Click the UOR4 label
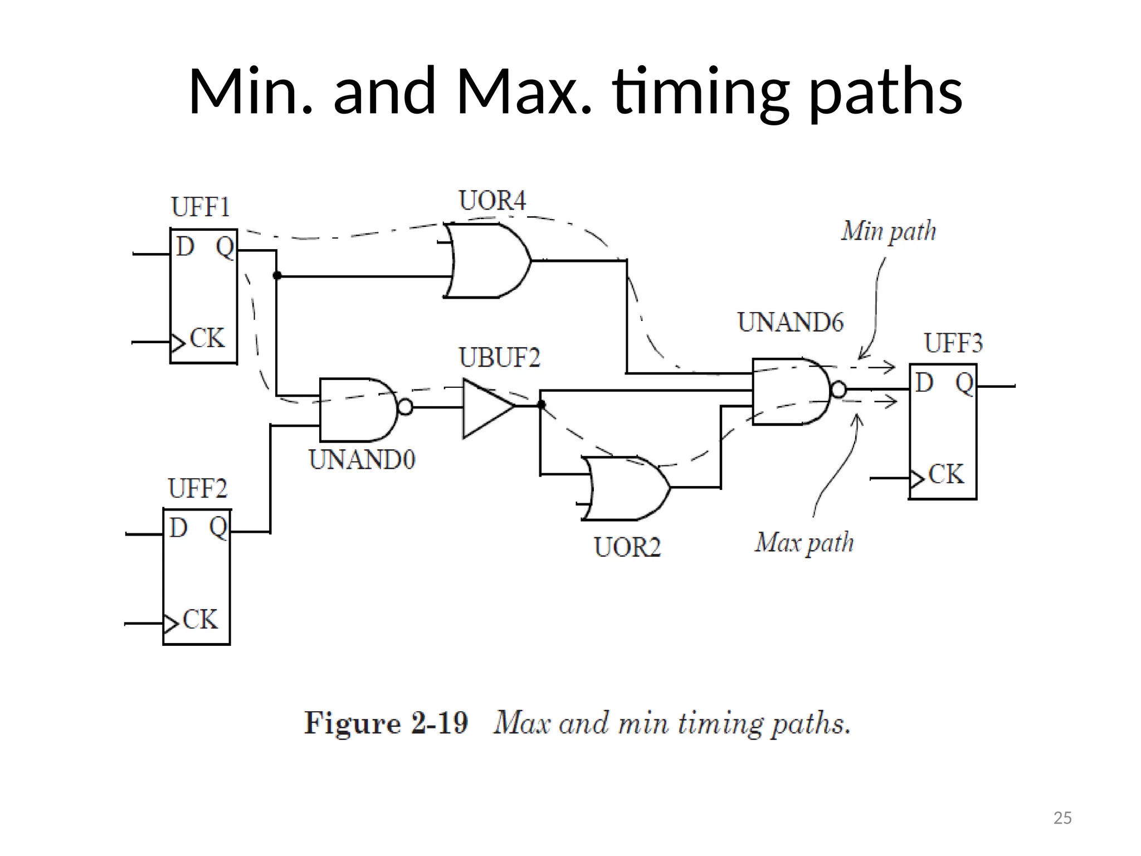492,201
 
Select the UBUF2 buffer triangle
485,408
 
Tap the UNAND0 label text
362,460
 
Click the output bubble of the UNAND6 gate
838,390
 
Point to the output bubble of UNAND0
406,407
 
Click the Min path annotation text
888,231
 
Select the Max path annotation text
804,542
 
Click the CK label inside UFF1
207,338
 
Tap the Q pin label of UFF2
218,527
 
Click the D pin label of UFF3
924,383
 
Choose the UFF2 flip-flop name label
198,489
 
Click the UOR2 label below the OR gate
627,547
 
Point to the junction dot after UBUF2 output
541,405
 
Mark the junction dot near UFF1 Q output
277,275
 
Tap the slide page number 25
1062,818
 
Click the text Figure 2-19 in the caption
386,723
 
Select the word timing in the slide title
700,92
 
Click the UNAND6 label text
790,323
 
